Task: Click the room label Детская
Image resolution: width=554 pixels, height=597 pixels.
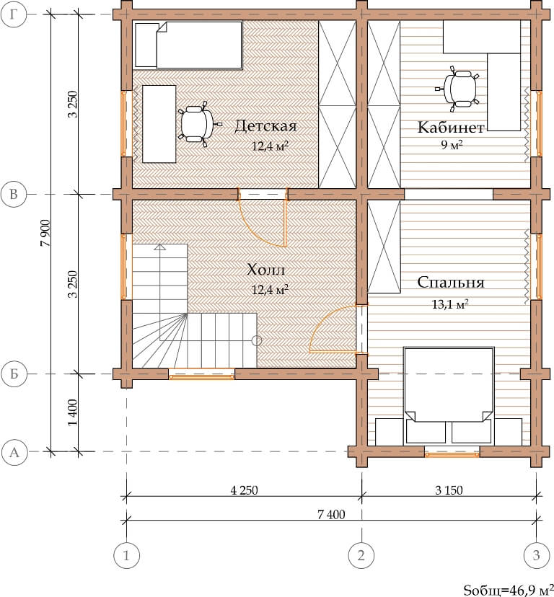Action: [265, 126]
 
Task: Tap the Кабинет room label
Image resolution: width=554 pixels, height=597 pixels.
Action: [451, 128]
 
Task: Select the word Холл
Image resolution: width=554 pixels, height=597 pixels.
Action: [266, 270]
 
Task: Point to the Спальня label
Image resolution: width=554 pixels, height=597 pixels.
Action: [451, 283]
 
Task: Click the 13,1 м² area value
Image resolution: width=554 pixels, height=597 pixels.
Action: [450, 304]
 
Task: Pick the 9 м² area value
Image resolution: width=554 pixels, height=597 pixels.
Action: [452, 145]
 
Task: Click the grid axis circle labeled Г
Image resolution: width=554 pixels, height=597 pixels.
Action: [14, 14]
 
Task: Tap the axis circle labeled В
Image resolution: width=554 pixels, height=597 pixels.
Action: [14, 194]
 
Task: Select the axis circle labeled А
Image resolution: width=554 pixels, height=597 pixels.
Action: [14, 452]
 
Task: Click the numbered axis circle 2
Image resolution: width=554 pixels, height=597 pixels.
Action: [361, 555]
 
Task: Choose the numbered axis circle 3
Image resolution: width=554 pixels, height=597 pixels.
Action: [537, 555]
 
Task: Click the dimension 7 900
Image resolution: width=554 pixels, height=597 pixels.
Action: [45, 233]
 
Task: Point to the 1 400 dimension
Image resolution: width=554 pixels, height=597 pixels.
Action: [72, 412]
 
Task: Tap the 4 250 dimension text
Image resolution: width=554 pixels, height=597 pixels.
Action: [245, 490]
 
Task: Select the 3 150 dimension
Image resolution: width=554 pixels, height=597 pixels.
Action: [449, 490]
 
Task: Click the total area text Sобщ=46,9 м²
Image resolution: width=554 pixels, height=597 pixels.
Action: [509, 589]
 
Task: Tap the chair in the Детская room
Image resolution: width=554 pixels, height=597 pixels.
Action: [198, 125]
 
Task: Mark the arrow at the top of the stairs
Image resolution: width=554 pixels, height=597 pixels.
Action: [160, 247]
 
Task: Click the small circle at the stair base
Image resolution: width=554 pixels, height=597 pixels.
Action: [257, 340]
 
